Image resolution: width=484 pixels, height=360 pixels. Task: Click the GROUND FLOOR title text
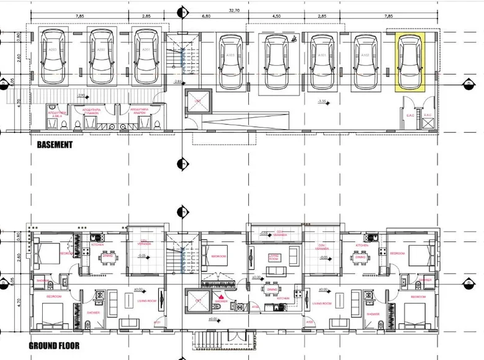[54, 345]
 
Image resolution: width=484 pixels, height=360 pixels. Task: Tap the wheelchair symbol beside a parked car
[294, 38]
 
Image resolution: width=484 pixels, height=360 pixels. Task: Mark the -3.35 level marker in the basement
[321, 101]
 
